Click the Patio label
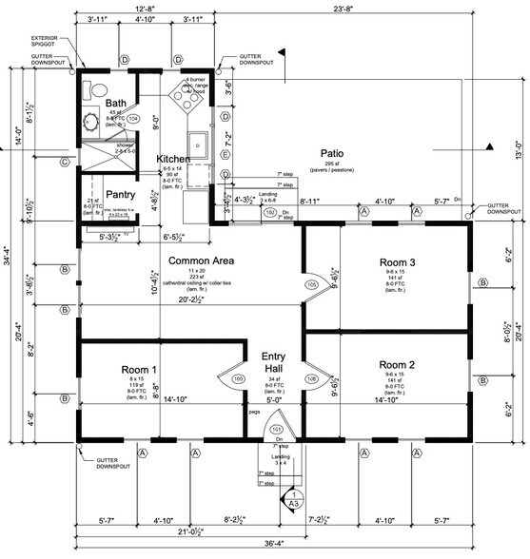point(331,153)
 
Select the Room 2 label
point(397,364)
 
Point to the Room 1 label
point(139,369)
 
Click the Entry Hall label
point(281,361)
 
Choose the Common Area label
point(202,260)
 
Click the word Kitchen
point(174,159)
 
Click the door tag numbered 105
point(310,284)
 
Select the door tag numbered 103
point(238,379)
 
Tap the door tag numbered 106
point(310,379)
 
